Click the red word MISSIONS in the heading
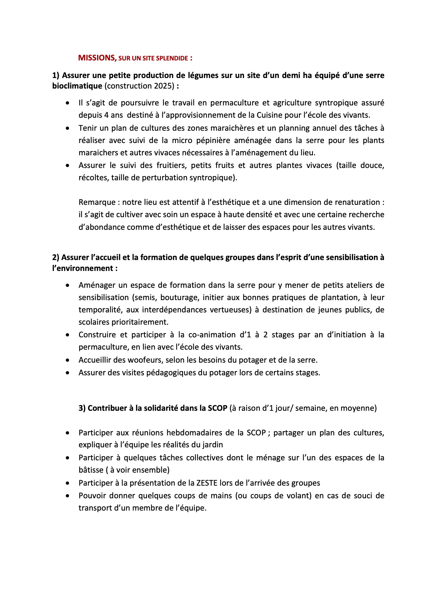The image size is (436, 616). click(97, 58)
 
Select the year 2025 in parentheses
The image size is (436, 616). click(163, 86)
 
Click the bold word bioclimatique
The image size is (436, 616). click(77, 86)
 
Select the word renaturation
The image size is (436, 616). click(358, 202)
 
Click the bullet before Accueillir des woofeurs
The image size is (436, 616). click(68, 360)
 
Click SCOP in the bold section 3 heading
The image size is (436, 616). click(218, 408)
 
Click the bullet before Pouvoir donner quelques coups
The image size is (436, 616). click(68, 496)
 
